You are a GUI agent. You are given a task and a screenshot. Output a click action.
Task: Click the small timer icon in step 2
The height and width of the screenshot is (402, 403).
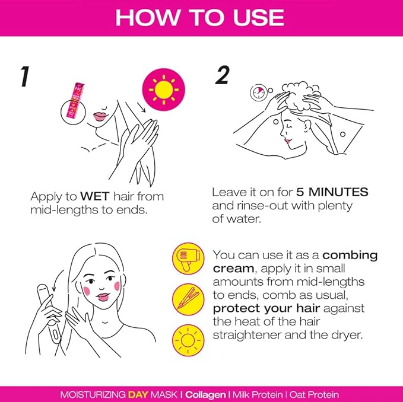click(258, 93)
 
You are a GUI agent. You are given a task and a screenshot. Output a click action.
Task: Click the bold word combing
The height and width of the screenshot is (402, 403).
click(350, 256)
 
